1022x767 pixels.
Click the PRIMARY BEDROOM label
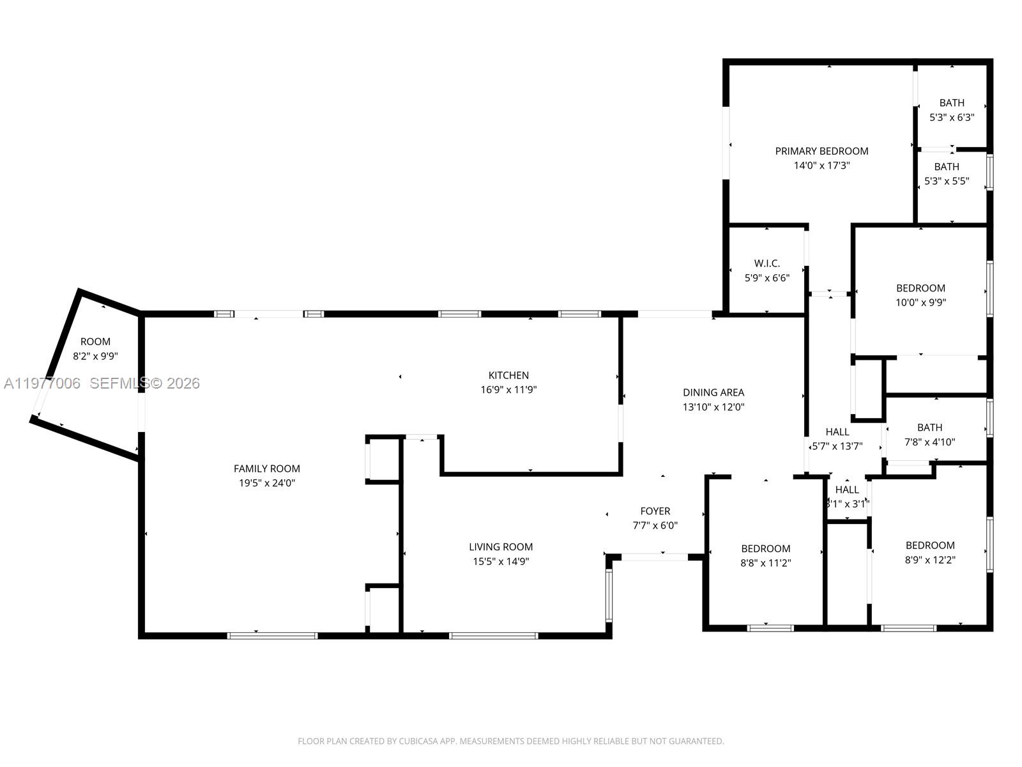(821, 151)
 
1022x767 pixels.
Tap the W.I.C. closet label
(766, 263)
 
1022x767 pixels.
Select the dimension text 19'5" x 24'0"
(267, 483)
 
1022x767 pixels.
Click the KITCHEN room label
(508, 375)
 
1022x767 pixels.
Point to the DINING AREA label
(713, 392)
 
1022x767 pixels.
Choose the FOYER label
(655, 511)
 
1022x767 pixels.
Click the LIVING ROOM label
(501, 546)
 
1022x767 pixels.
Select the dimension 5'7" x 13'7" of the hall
(837, 447)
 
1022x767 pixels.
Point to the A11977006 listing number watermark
(42, 383)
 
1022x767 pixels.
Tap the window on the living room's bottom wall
(493, 635)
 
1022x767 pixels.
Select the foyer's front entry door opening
(655, 557)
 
